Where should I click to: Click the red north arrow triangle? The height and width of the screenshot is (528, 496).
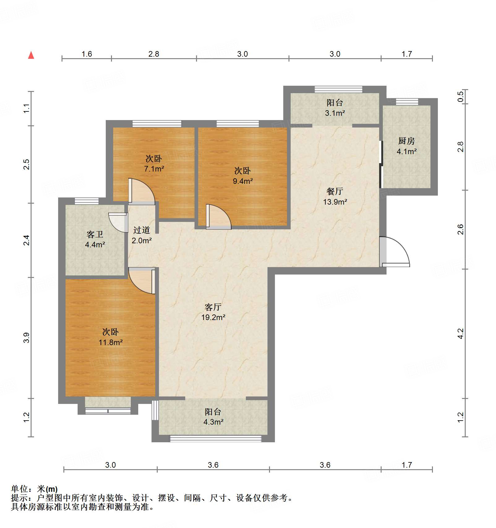click(x=31, y=55)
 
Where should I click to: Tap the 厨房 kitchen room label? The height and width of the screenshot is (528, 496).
click(x=406, y=141)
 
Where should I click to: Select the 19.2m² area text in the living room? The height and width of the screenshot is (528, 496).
click(x=213, y=317)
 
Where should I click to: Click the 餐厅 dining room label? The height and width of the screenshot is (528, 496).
click(x=335, y=191)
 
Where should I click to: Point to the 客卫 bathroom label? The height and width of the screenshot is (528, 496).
click(x=95, y=234)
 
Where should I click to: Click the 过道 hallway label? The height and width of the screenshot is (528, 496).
click(x=142, y=230)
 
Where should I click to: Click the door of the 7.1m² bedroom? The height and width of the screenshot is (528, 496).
click(x=141, y=191)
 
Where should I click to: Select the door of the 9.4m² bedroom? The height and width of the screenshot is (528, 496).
click(x=218, y=217)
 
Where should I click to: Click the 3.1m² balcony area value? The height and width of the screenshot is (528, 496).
click(x=335, y=113)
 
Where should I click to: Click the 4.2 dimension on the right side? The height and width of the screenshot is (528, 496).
click(x=460, y=334)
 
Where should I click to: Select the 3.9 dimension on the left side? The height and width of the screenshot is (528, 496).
click(x=27, y=337)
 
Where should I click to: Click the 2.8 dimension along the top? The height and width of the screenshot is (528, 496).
click(x=153, y=54)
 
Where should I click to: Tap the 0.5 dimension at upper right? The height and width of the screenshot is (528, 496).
click(x=460, y=96)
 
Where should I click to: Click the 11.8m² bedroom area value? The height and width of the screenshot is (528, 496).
click(x=110, y=342)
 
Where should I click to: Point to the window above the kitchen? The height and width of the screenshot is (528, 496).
click(x=407, y=102)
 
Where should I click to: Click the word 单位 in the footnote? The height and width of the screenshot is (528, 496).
click(x=19, y=489)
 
